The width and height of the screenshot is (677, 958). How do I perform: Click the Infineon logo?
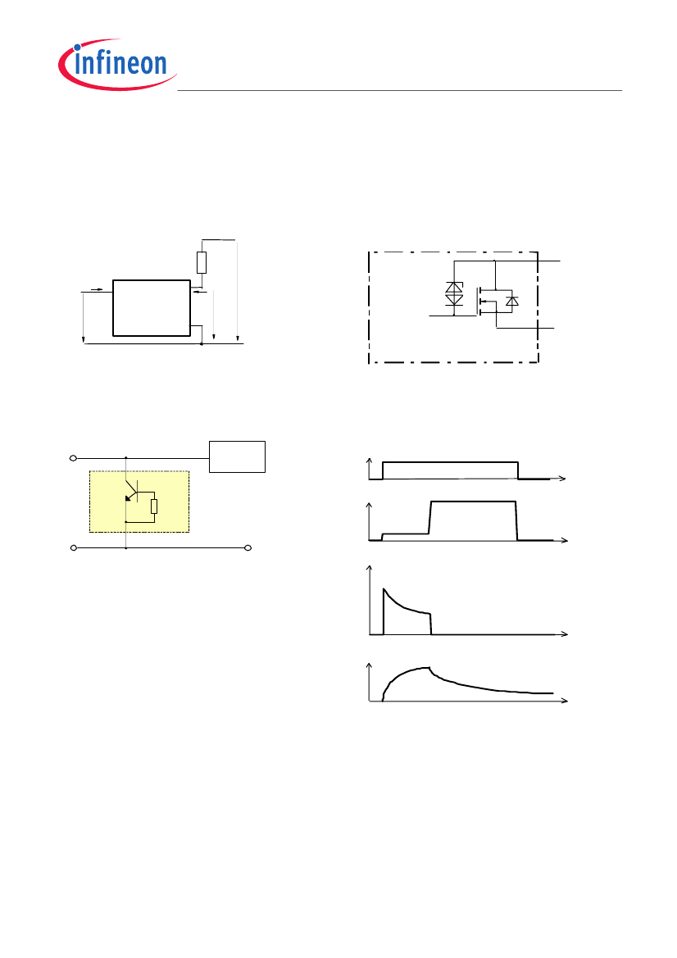tap(117, 64)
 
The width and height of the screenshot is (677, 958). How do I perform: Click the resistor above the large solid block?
tap(202, 262)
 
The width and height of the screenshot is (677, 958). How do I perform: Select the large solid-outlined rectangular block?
tap(152, 308)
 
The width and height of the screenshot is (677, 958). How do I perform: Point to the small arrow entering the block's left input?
tap(97, 288)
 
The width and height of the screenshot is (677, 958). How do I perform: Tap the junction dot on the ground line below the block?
tap(201, 344)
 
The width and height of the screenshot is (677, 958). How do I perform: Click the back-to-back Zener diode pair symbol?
tap(454, 294)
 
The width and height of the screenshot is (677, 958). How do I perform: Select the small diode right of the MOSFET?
tap(512, 301)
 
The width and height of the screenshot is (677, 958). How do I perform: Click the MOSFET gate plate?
tap(477, 302)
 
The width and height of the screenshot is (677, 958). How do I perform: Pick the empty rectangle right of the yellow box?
tap(237, 456)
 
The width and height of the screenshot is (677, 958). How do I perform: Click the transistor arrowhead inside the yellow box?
tap(129, 498)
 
